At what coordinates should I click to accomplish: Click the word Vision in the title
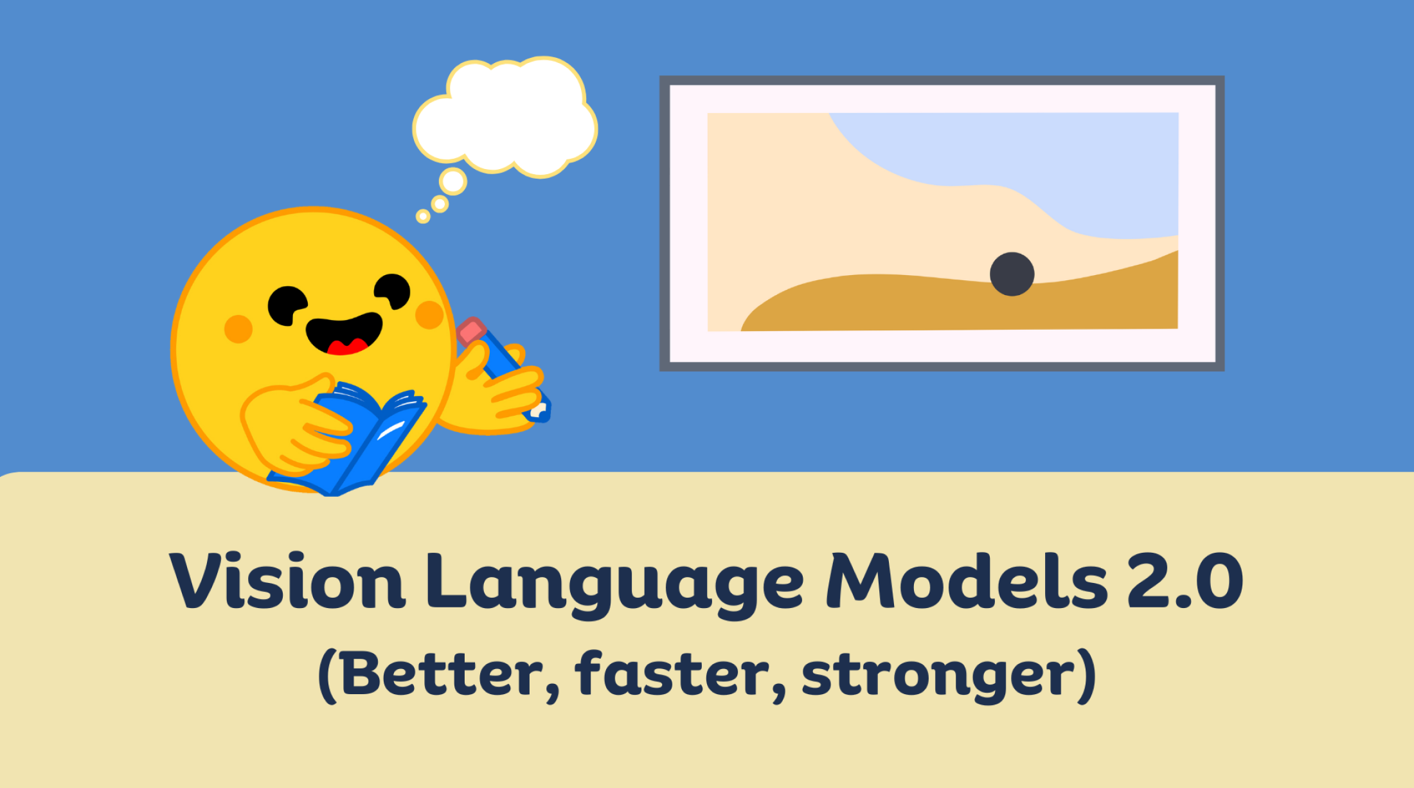click(287, 580)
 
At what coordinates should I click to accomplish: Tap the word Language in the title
click(615, 585)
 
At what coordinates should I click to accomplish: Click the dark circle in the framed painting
click(1012, 274)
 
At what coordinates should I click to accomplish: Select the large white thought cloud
click(505, 117)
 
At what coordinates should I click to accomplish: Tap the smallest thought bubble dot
click(423, 216)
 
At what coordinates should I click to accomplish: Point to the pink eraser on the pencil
click(471, 331)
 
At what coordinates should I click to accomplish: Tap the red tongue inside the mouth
click(347, 347)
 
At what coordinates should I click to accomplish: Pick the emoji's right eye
click(393, 291)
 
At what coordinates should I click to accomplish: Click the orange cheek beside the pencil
click(429, 315)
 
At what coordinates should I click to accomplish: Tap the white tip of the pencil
click(537, 410)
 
